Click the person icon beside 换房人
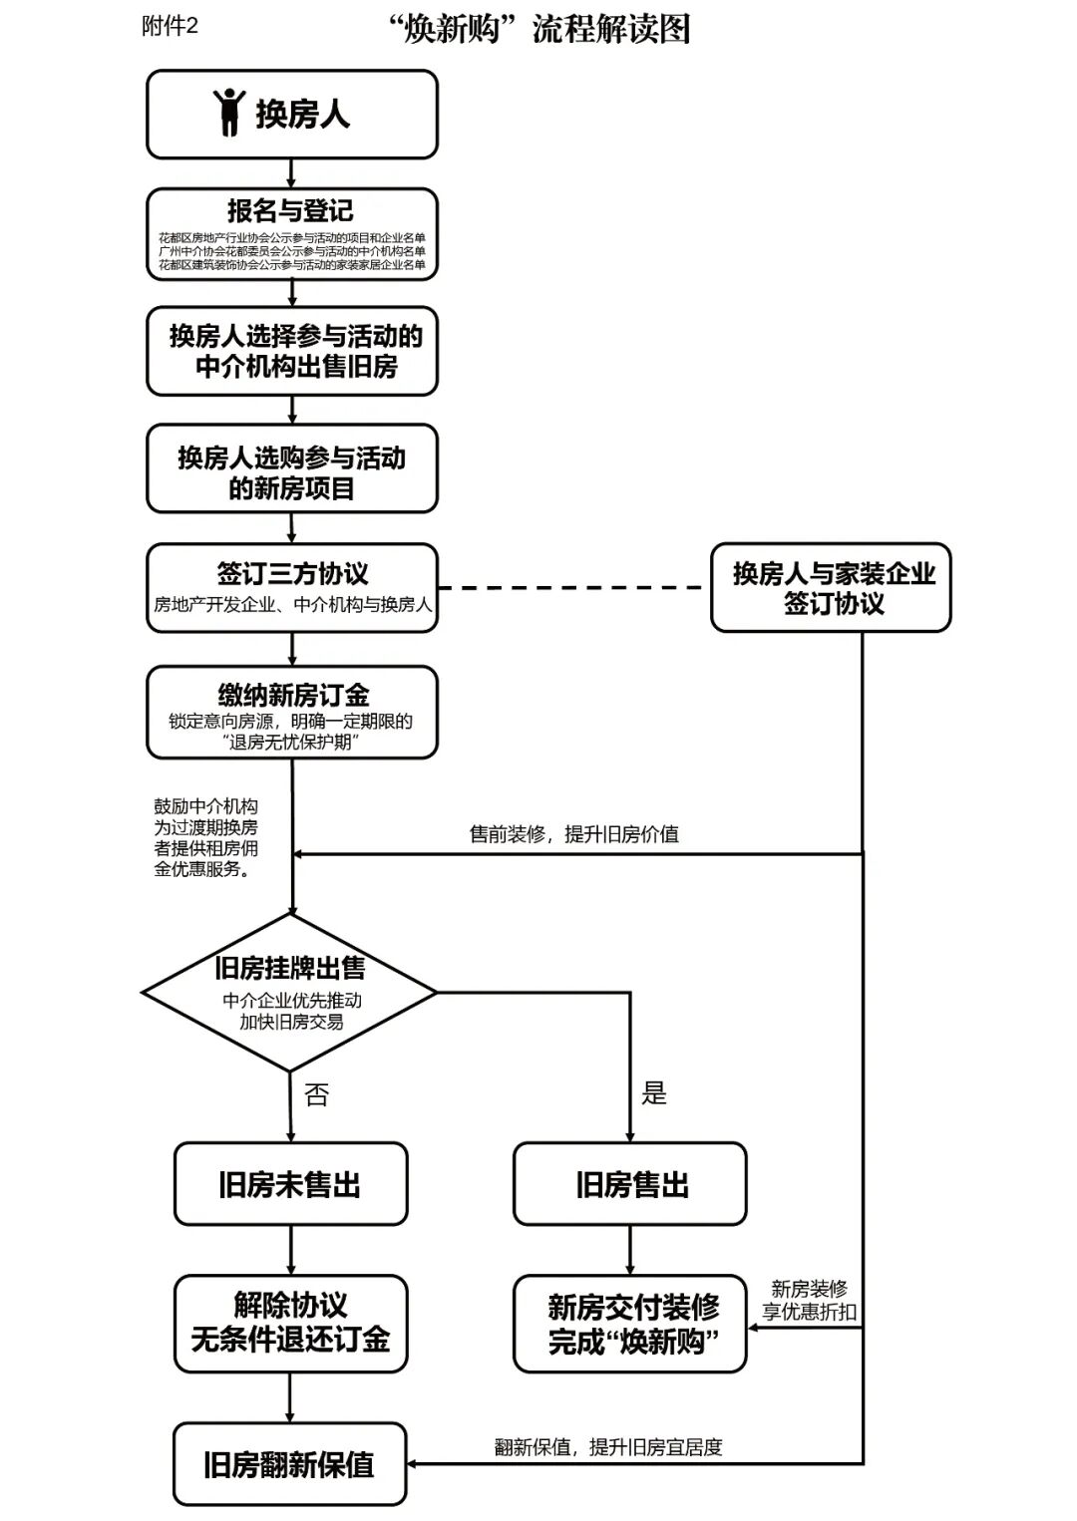point(229,112)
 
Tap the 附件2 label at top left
point(170,27)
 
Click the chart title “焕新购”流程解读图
point(540,29)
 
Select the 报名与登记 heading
point(290,211)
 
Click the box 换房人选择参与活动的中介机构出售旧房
point(292,351)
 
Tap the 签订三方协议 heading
point(292,573)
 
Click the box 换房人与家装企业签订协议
point(831,588)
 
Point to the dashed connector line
point(573,588)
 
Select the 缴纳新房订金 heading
point(292,695)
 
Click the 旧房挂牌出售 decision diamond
point(290,992)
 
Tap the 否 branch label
point(316,1095)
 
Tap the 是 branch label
point(653,1093)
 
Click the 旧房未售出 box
point(290,1184)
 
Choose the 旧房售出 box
point(630,1184)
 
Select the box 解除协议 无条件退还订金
point(290,1323)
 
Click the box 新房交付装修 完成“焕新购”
point(630,1324)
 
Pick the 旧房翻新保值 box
point(289,1464)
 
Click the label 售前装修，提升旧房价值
point(573,834)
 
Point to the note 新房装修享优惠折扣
point(809,1301)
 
